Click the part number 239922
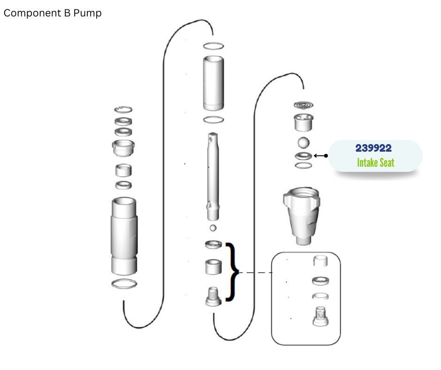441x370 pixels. (x=373, y=148)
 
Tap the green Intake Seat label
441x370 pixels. (x=375, y=163)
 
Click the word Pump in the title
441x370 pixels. (x=87, y=13)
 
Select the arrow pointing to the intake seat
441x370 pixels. (x=320, y=156)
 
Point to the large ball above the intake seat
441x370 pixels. (x=304, y=142)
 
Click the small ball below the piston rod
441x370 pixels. (x=213, y=228)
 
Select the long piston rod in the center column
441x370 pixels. (x=213, y=177)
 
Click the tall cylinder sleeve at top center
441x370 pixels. (x=213, y=83)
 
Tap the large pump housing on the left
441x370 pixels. (x=124, y=236)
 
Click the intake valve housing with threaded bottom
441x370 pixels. (x=302, y=216)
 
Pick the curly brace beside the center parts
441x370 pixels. (x=232, y=272)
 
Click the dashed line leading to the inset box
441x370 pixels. (x=255, y=273)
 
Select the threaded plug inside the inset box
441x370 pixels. (x=320, y=316)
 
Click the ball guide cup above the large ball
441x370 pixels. (x=304, y=123)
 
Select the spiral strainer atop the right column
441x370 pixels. (x=304, y=105)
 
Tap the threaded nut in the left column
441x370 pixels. (x=123, y=148)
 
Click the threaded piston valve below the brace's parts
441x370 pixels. (x=213, y=296)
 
